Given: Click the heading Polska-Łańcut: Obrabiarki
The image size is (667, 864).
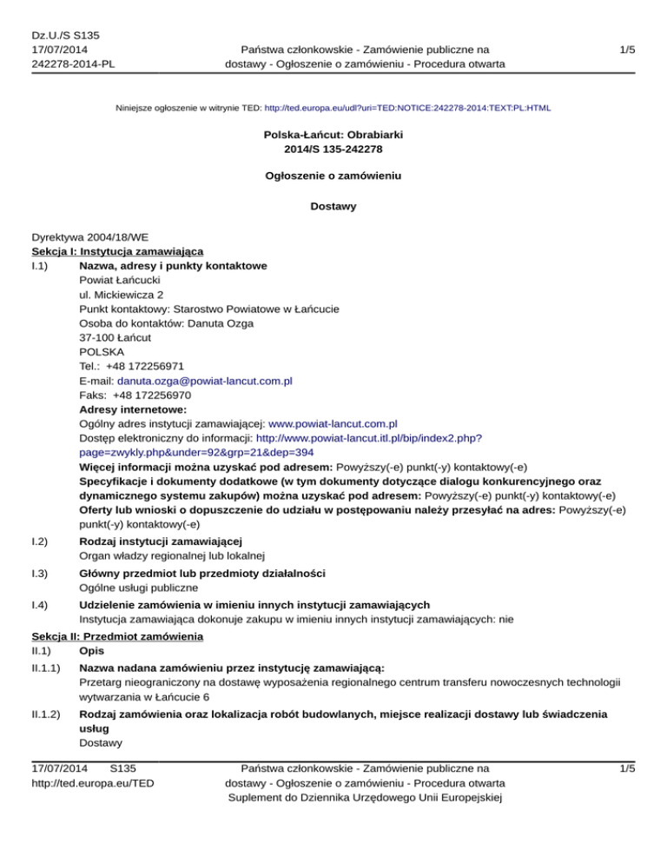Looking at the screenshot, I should [333, 136].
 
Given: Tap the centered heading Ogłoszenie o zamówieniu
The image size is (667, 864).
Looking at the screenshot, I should [333, 176].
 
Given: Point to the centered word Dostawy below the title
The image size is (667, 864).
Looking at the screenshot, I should [333, 207].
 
